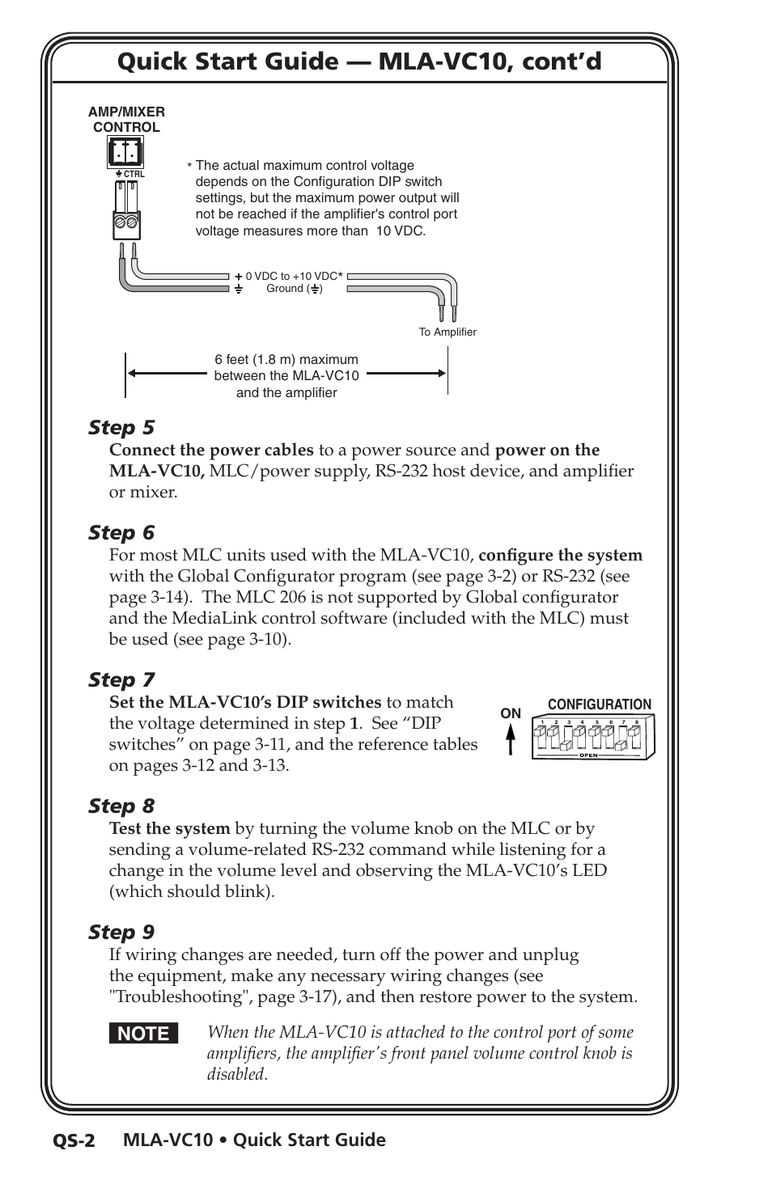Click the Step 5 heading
[121, 427]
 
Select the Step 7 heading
[121, 679]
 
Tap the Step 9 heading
[121, 932]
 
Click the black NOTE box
[144, 1034]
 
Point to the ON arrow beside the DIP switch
[511, 737]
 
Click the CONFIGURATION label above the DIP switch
[599, 704]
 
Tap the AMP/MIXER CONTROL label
[126, 120]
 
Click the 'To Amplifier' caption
[448, 332]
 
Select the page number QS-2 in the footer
[74, 1141]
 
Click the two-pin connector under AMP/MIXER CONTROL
[125, 152]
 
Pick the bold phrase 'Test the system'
[170, 828]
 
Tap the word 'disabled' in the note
[236, 1074]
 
